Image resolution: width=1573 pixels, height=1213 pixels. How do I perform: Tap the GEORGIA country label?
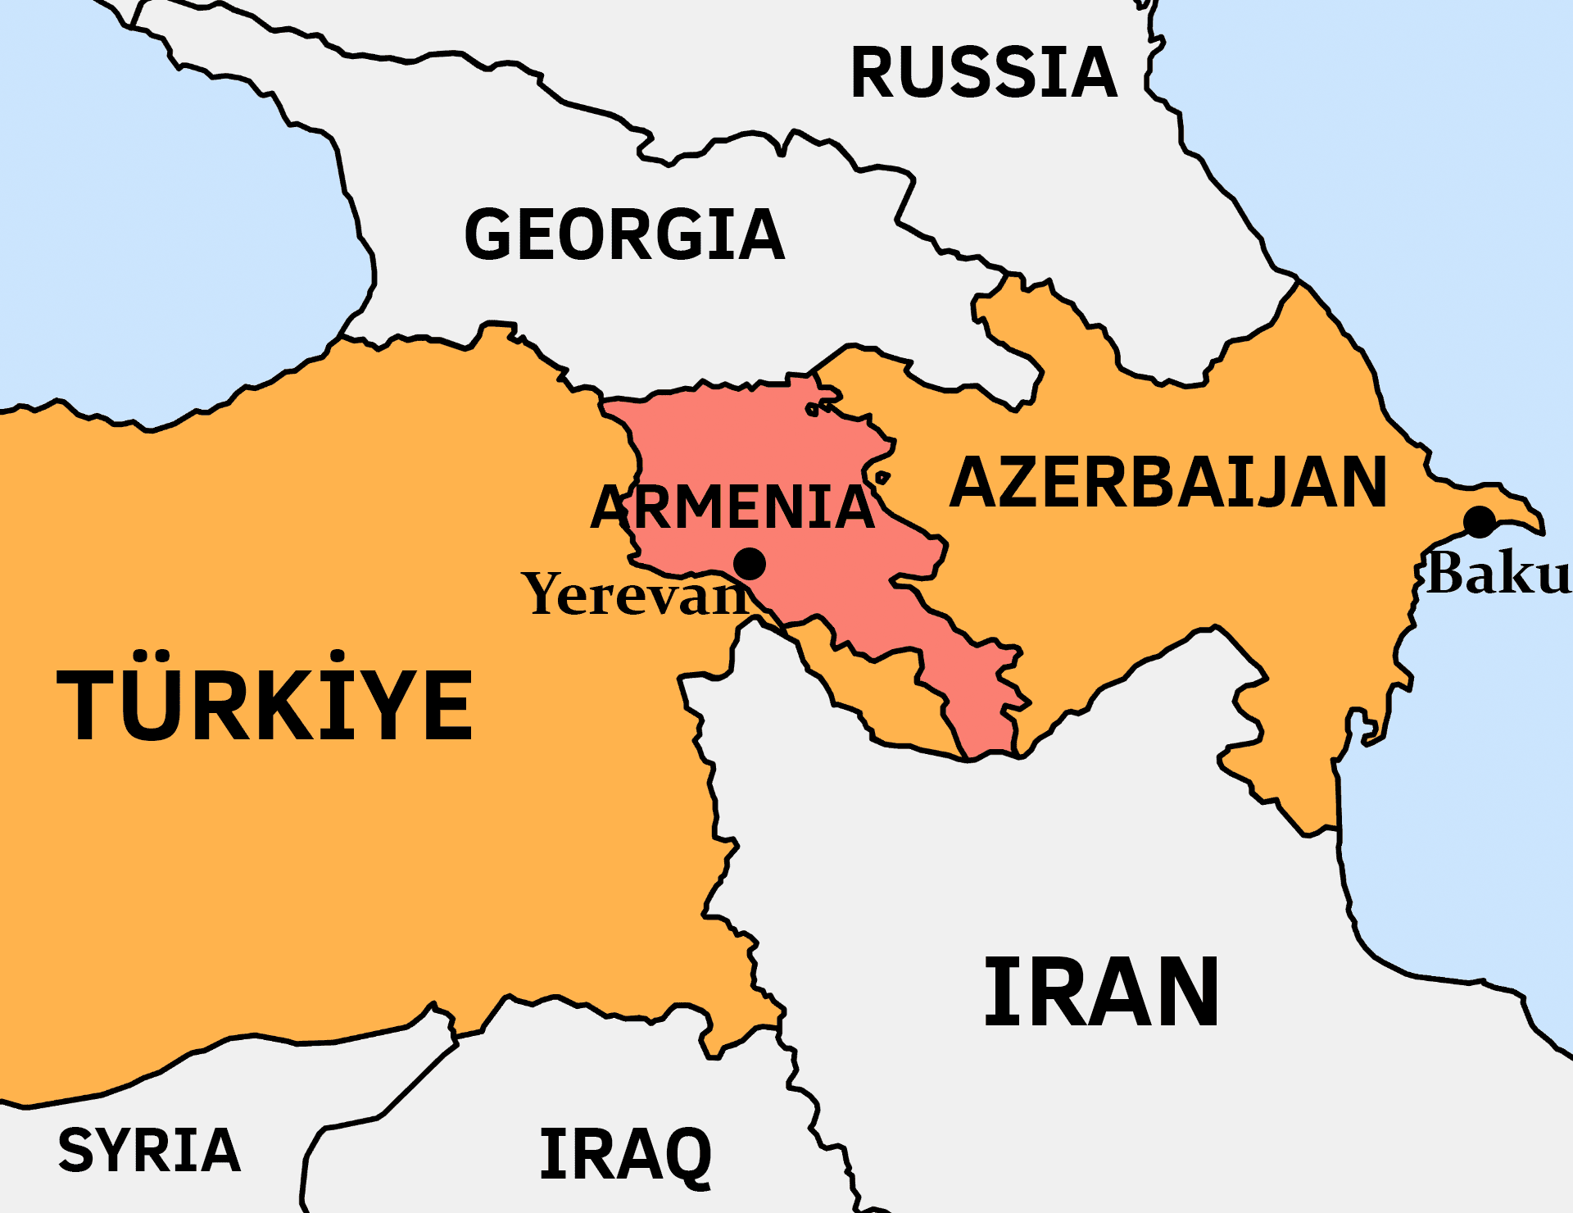[624, 235]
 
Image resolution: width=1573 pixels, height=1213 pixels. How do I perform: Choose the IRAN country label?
[1101, 992]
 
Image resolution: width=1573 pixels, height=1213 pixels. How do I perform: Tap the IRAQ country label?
[626, 1154]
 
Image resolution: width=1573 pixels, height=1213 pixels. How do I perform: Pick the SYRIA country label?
[149, 1150]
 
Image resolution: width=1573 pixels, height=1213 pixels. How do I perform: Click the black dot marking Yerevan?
[749, 564]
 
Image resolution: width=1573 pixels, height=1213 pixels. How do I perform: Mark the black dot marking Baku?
[1479, 522]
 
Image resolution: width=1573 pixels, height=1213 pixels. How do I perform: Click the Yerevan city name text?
[635, 594]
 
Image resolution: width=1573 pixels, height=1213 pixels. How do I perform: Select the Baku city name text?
[1498, 574]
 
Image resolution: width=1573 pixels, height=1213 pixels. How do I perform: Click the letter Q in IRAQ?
[684, 1156]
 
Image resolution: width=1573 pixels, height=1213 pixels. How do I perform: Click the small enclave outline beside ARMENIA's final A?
[882, 477]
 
